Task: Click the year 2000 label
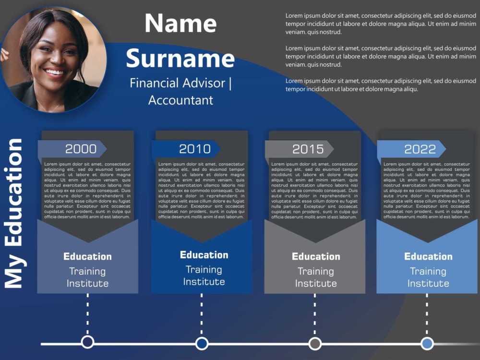pyautogui.click(x=81, y=149)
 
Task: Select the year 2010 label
pyautogui.click(x=194, y=149)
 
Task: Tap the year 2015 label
pyautogui.click(x=308, y=149)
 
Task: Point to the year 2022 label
pyautogui.click(x=420, y=149)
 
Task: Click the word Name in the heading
pyautogui.click(x=180, y=24)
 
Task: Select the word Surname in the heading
pyautogui.click(x=180, y=58)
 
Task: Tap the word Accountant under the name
pyautogui.click(x=180, y=100)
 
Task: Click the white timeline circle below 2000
pyautogui.click(x=87, y=342)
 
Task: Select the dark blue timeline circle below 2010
pyautogui.click(x=202, y=343)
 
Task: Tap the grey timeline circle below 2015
pyautogui.click(x=315, y=343)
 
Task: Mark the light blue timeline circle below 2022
pyautogui.click(x=427, y=343)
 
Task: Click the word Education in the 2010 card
pyautogui.click(x=204, y=255)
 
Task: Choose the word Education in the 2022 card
pyautogui.click(x=428, y=256)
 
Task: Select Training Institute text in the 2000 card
pyautogui.click(x=87, y=277)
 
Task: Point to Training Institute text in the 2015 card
pyautogui.click(x=316, y=277)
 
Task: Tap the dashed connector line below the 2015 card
pyautogui.click(x=315, y=314)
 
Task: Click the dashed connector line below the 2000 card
pyautogui.click(x=87, y=314)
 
